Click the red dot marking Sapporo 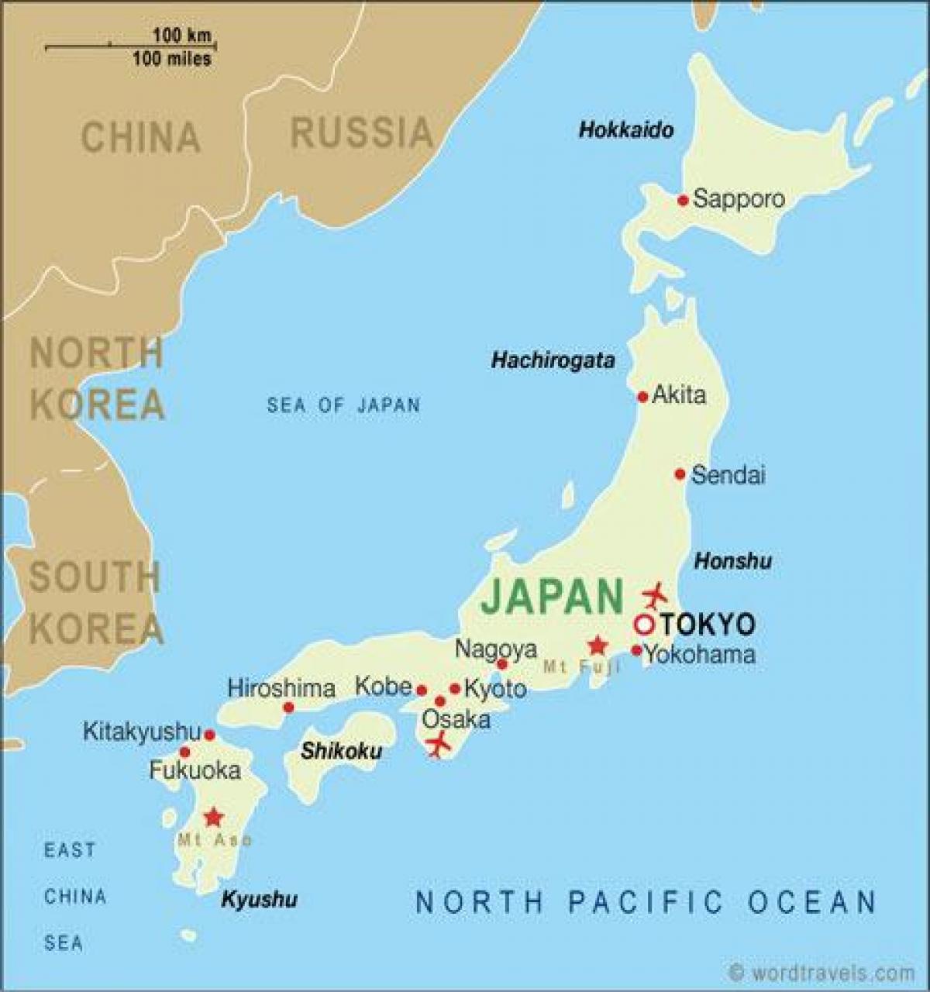[x=683, y=200]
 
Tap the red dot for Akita [x=642, y=397]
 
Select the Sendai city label [x=728, y=474]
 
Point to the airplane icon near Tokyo [x=655, y=595]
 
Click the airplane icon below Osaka [x=438, y=744]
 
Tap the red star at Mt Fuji [x=597, y=645]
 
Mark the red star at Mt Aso [x=212, y=817]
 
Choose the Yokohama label [x=700, y=655]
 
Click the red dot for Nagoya [x=501, y=664]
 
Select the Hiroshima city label [x=281, y=687]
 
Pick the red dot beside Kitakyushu [x=209, y=735]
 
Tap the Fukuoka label [x=195, y=770]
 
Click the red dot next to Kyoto [x=455, y=688]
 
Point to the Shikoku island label [x=342, y=750]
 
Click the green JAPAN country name [x=552, y=597]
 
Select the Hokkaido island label [x=626, y=129]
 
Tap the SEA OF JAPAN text [x=343, y=405]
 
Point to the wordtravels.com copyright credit [x=821, y=972]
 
